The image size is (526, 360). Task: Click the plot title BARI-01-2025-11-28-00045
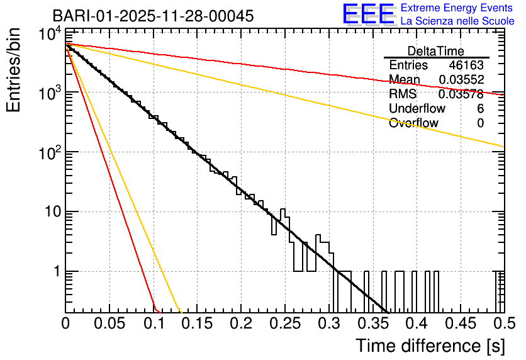coord(153,16)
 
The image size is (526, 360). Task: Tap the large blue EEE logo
coord(369,14)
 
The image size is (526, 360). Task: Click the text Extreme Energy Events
coord(456,8)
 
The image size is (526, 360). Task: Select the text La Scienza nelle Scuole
coord(457,21)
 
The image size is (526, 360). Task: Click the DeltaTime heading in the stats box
coord(436,51)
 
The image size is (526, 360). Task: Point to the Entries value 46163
coord(466,65)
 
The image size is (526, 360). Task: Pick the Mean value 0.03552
coord(461,80)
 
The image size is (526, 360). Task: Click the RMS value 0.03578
coord(461,94)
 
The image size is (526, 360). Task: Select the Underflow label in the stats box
coord(417,109)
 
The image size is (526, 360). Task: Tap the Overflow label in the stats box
coord(413,123)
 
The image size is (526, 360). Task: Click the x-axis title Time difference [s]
coord(429,346)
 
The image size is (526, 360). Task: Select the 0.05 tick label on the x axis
coord(109,323)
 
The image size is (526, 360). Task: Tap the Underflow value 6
coord(480,109)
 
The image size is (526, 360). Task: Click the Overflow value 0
coord(480,123)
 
